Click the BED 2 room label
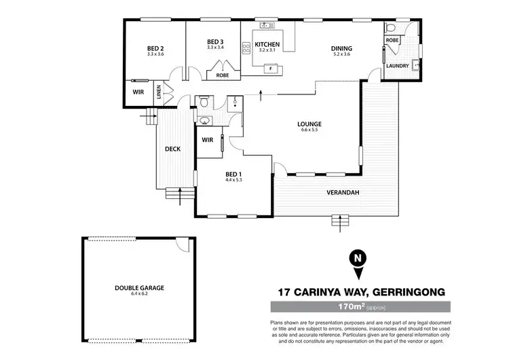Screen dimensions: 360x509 pos(155,48)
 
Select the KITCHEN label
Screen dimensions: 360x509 pos(267,44)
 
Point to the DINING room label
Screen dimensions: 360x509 pos(341,48)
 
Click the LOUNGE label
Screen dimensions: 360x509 pos(309,124)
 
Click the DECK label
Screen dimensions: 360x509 pos(172,149)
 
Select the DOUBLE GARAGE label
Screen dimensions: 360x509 pos(139,288)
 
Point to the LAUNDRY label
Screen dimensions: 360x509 pos(396,66)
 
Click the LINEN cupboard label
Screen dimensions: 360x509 pos(159,92)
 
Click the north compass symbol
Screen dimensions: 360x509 pos(354,258)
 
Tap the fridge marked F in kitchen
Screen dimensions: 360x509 pos(271,68)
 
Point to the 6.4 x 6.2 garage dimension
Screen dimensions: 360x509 pos(139,295)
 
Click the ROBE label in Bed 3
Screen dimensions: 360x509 pos(222,75)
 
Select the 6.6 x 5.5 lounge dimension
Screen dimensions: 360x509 pos(309,130)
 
